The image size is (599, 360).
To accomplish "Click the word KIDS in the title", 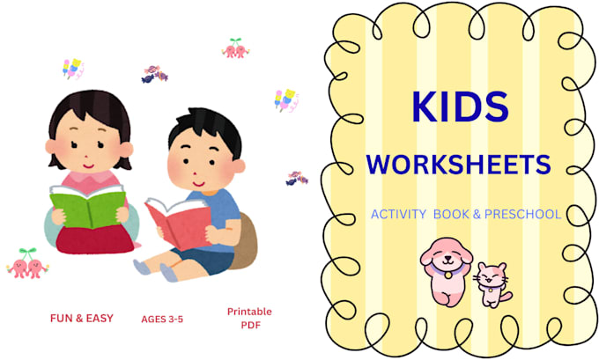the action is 460,107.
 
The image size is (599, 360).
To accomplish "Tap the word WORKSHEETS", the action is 458,165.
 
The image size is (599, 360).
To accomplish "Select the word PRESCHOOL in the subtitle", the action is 522,214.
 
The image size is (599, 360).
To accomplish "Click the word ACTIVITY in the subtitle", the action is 398,214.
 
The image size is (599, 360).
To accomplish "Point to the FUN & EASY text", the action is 82,318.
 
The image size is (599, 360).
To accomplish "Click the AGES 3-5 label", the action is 162,320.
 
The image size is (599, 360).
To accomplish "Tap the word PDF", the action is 250,326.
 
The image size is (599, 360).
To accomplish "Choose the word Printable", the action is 249,312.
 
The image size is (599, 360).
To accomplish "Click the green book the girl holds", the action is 88,208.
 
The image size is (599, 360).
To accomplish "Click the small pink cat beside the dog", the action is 492,285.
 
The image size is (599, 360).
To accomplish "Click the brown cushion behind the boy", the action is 244,241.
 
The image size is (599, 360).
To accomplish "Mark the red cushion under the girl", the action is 94,239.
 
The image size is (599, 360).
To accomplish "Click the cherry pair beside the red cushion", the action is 28,263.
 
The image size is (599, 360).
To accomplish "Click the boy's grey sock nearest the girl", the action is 143,267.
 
